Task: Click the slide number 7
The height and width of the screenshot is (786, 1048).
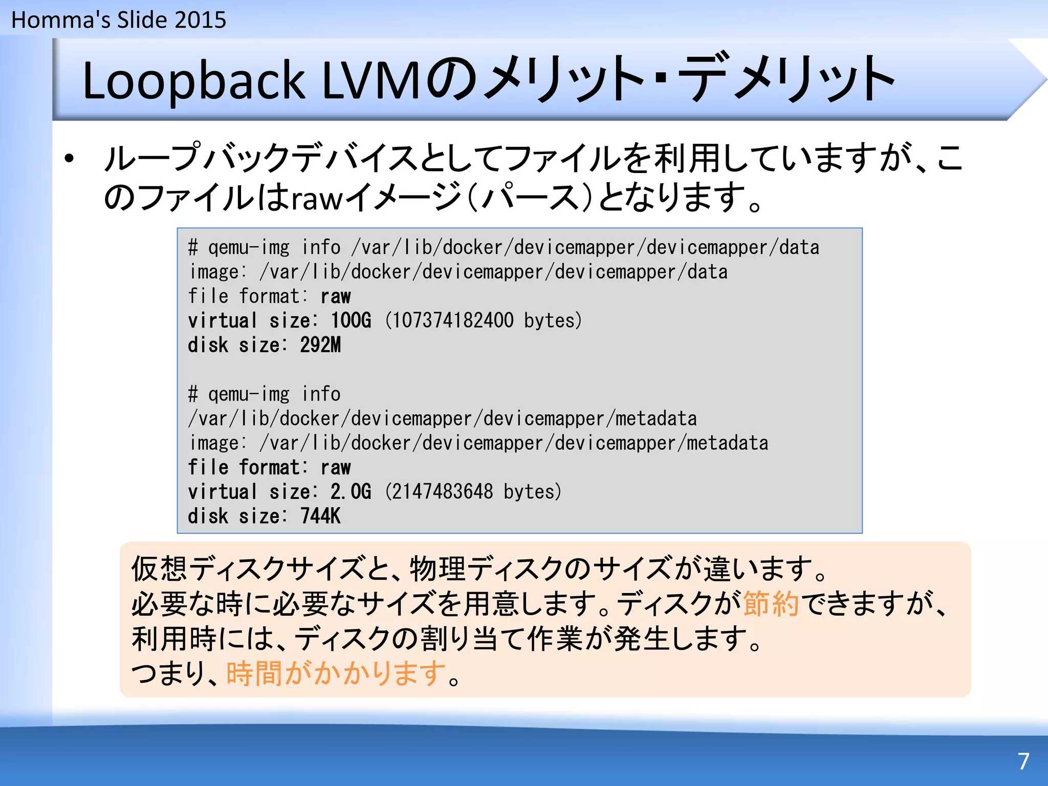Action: [x=1023, y=761]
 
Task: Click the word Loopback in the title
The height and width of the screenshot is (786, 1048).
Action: [x=193, y=81]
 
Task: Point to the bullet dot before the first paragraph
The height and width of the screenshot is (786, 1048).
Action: [x=70, y=159]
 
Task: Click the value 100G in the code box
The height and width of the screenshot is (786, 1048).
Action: [x=351, y=321]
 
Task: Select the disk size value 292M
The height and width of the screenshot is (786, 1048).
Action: [x=320, y=345]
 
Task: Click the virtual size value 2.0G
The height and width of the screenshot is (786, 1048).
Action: [x=351, y=492]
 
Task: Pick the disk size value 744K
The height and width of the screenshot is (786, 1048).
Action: [x=320, y=516]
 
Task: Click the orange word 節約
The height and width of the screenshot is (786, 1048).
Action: [x=771, y=604]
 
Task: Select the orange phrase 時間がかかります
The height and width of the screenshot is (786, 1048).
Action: [x=336, y=673]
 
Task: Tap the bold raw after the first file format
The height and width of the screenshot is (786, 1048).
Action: [x=336, y=297]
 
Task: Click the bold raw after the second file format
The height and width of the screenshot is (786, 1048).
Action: [x=336, y=468]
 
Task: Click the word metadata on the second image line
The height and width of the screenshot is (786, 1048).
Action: [x=727, y=443]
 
